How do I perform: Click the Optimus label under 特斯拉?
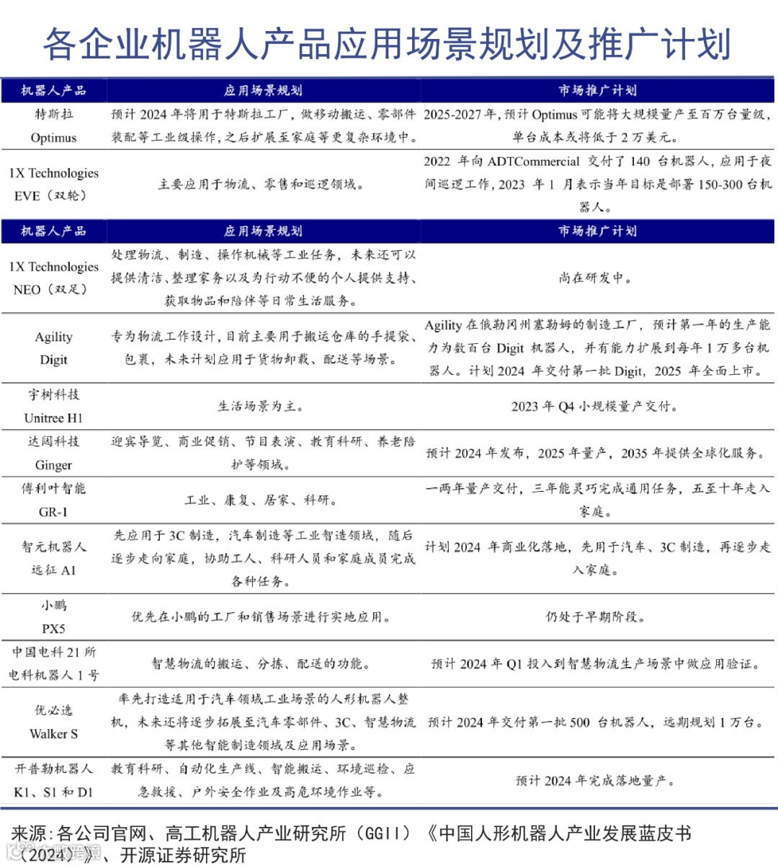(x=53, y=138)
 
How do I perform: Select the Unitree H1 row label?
(x=53, y=418)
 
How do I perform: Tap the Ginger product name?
(x=53, y=465)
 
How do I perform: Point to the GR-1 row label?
(x=53, y=512)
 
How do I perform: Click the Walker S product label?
(x=53, y=734)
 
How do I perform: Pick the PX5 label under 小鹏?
(x=53, y=629)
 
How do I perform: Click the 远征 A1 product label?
(x=53, y=570)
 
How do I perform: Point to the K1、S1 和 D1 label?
(x=53, y=792)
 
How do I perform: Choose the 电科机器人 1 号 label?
(x=53, y=676)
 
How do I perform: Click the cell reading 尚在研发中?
(x=596, y=278)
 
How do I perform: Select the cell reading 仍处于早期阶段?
(x=596, y=617)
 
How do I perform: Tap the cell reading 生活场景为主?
(x=262, y=407)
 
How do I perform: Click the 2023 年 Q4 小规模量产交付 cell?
(x=596, y=407)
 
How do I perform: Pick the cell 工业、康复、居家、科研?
(x=262, y=500)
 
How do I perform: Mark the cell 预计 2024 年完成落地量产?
(x=596, y=781)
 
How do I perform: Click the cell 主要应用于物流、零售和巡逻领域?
(x=262, y=185)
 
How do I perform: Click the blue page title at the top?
(x=388, y=45)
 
